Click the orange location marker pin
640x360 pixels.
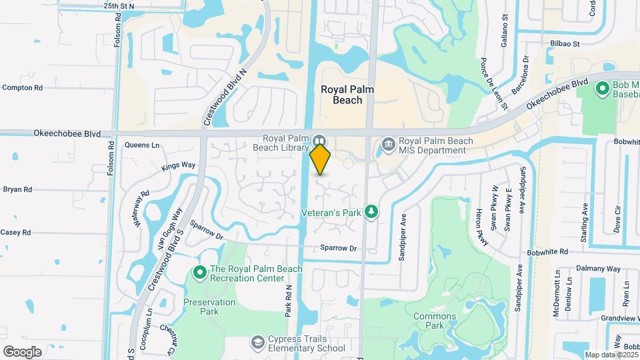click(x=321, y=159)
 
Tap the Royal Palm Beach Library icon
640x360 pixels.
click(x=319, y=141)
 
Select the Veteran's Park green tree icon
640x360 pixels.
click(x=371, y=212)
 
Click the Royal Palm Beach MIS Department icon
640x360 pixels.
click(x=387, y=144)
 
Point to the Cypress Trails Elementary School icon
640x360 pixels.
click(x=257, y=343)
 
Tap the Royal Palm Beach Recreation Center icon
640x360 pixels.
click(x=199, y=272)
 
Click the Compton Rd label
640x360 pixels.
click(x=23, y=87)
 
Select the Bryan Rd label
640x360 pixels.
click(x=17, y=189)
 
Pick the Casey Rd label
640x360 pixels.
click(x=16, y=233)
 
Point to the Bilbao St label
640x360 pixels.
click(x=565, y=44)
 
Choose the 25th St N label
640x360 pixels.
click(x=119, y=5)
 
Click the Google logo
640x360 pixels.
click(x=22, y=351)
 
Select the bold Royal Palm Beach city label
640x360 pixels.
click(x=341, y=94)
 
